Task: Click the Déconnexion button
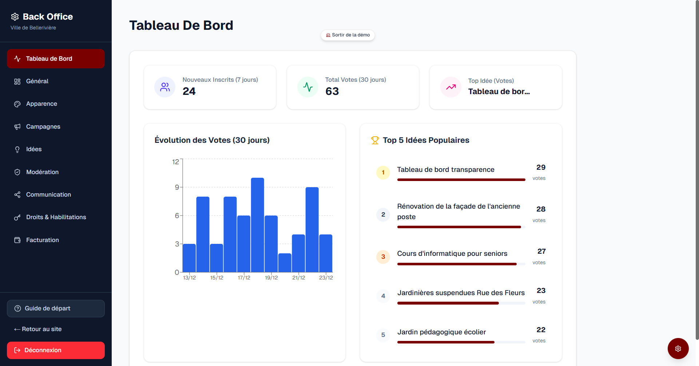[x=56, y=350]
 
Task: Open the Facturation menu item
[x=42, y=240]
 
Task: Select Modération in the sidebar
[x=42, y=172]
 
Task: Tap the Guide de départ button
[x=56, y=308]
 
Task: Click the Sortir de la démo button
[x=348, y=35]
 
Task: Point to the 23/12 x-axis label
[x=326, y=278]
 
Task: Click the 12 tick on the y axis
[x=176, y=162]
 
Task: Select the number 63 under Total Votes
[x=332, y=91]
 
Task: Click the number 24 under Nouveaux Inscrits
[x=189, y=91]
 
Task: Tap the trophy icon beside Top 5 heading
[x=375, y=140]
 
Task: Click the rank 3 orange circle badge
[x=383, y=257]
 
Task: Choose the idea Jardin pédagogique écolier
[x=441, y=332]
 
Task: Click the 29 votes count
[x=541, y=168]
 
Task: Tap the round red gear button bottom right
[x=678, y=349]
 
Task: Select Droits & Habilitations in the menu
[x=56, y=217]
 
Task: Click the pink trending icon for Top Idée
[x=451, y=87]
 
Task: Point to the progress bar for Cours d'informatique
[x=457, y=264]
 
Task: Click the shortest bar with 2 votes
[x=285, y=262]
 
